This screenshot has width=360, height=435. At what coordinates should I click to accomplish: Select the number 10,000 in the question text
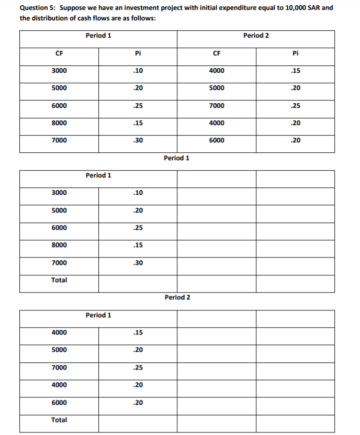click(291, 9)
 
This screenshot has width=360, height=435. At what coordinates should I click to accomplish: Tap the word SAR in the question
click(314, 9)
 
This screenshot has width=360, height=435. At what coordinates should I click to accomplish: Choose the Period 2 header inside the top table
click(256, 36)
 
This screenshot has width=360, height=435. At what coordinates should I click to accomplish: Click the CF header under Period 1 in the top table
click(59, 53)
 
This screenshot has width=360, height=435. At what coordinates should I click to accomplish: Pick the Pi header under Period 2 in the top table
click(296, 53)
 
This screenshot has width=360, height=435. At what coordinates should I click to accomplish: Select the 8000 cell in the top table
click(59, 123)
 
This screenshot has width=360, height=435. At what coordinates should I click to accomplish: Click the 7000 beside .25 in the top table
click(217, 106)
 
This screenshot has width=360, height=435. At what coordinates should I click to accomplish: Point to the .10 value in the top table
click(138, 71)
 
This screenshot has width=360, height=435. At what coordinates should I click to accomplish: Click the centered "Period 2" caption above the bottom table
click(177, 297)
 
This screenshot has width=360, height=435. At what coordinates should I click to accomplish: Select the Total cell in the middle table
click(59, 280)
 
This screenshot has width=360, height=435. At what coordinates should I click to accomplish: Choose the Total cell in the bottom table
click(59, 420)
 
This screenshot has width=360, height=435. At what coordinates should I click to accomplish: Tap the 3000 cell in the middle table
click(59, 193)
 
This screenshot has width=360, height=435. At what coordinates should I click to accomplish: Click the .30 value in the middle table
click(138, 263)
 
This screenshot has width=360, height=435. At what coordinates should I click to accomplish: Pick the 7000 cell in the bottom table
click(59, 367)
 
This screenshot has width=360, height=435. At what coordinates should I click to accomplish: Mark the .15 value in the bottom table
click(138, 332)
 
